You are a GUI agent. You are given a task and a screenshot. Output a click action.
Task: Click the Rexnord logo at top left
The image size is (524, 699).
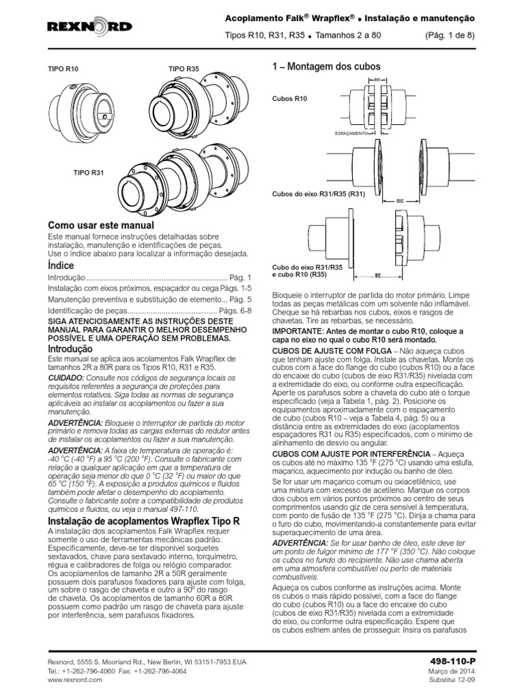click(89, 27)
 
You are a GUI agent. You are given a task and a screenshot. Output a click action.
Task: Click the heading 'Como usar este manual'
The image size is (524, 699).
click(100, 225)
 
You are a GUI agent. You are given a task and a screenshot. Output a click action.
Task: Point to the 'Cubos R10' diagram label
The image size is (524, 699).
click(289, 99)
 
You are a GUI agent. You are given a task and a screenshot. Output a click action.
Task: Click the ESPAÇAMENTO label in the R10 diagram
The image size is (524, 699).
click(351, 134)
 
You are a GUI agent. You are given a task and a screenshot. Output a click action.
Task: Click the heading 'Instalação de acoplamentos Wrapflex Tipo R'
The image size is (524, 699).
click(144, 521)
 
